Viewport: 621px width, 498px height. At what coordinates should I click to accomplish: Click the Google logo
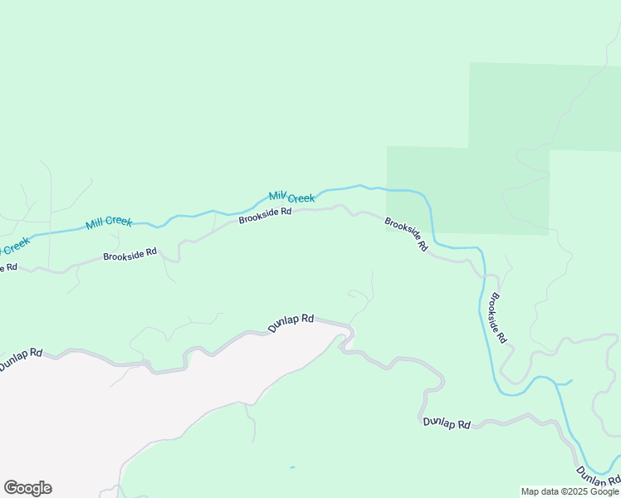[x=27, y=488]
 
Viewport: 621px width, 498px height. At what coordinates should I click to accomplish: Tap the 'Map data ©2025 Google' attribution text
[x=570, y=491]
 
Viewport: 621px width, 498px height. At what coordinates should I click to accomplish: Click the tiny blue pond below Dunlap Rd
[x=291, y=467]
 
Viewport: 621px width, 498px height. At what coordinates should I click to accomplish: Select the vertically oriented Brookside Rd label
[x=498, y=319]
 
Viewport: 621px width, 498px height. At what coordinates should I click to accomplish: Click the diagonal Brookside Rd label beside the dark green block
[x=406, y=234]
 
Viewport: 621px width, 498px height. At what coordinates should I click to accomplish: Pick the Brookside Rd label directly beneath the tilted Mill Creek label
[x=265, y=215]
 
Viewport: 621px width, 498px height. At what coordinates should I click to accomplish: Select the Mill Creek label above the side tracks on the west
[x=109, y=222]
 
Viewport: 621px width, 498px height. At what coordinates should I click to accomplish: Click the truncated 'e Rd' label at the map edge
[x=7, y=267]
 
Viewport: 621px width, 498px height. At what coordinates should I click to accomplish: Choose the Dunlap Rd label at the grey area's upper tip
[x=291, y=323]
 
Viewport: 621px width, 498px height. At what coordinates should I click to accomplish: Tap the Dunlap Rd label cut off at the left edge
[x=20, y=359]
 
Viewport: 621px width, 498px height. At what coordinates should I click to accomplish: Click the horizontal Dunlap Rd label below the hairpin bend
[x=446, y=423]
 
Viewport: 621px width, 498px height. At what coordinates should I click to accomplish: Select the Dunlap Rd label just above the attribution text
[x=598, y=476]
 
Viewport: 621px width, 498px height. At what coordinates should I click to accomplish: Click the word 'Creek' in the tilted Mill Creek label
[x=301, y=198]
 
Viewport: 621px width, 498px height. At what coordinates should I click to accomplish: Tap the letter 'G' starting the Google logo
[x=11, y=488]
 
